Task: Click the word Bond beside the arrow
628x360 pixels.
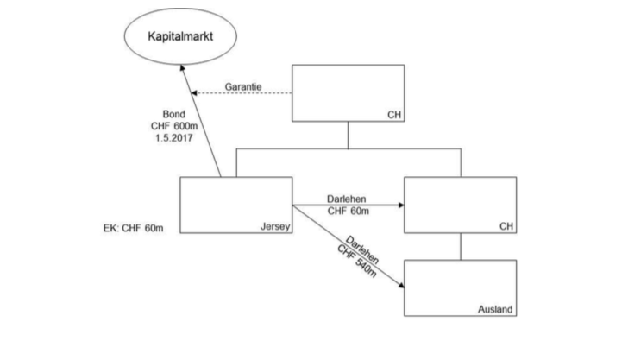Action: (x=174, y=113)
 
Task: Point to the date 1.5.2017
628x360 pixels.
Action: (x=174, y=139)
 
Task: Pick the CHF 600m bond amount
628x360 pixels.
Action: (x=174, y=126)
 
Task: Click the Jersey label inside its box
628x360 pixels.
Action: (x=274, y=226)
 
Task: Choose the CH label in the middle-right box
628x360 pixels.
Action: (x=506, y=226)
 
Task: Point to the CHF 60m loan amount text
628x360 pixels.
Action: (x=348, y=210)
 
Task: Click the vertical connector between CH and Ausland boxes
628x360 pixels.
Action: (x=460, y=247)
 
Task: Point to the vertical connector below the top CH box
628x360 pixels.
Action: (x=348, y=135)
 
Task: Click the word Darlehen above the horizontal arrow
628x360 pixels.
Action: (x=348, y=198)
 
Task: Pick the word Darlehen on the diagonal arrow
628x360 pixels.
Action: (x=363, y=251)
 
